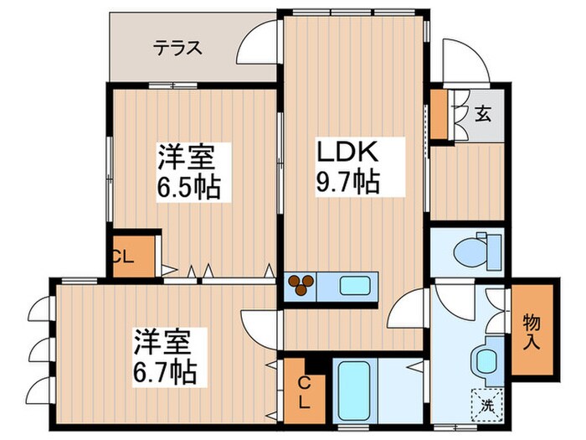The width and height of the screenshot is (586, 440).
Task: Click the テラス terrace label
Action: pos(177,48)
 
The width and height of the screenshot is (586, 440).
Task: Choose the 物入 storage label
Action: pos(532,329)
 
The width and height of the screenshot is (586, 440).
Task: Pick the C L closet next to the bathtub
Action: pos(303,391)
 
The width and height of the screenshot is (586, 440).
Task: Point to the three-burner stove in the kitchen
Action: pos(302,286)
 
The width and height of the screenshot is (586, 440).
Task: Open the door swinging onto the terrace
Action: pos(258,44)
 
